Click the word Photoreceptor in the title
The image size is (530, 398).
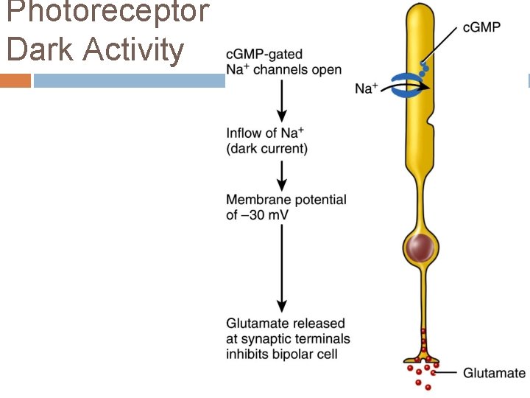coord(107,13)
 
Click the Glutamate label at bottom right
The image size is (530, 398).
coord(494,373)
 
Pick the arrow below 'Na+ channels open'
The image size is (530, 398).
coord(281,100)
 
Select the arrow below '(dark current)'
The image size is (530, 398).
coord(281,174)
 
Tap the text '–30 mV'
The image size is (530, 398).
coord(258,214)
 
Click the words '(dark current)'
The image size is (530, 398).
coord(267,149)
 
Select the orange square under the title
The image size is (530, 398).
coord(15,80)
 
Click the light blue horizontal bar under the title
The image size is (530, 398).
coord(129,80)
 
